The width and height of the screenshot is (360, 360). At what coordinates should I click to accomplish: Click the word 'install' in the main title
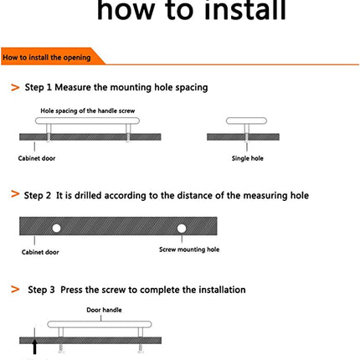click(245, 11)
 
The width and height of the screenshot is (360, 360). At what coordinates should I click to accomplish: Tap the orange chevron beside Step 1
click(15, 87)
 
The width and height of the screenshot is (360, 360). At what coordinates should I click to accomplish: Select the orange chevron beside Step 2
click(15, 193)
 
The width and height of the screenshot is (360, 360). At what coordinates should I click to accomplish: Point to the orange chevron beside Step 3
click(15, 289)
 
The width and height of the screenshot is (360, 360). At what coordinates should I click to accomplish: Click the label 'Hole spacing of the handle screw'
click(88, 111)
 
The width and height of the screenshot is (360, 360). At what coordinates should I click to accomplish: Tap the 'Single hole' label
click(248, 158)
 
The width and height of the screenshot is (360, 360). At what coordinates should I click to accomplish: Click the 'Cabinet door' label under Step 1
click(37, 158)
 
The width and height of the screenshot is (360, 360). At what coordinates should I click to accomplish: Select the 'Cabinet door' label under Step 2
click(40, 252)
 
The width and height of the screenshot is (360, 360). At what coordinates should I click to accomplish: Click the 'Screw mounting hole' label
click(189, 249)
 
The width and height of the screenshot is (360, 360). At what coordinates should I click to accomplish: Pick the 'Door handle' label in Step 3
click(104, 310)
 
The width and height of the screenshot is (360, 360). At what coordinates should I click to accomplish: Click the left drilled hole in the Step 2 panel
click(56, 229)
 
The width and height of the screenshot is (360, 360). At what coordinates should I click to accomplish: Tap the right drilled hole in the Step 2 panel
click(182, 229)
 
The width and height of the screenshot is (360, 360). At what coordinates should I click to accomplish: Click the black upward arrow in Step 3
click(34, 347)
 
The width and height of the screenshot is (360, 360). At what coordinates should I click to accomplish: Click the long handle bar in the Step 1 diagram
click(87, 121)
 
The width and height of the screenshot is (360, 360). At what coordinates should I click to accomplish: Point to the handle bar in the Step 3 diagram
click(100, 324)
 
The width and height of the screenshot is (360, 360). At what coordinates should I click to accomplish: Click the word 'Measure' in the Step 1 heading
click(73, 87)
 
